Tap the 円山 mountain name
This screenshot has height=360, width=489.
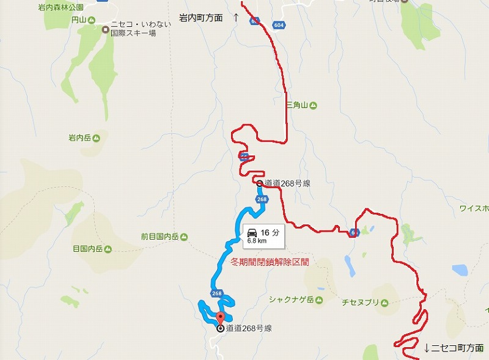(78, 20)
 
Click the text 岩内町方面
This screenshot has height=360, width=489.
(200, 18)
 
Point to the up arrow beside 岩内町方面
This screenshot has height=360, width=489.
(236, 18)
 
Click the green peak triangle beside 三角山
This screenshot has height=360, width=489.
(313, 106)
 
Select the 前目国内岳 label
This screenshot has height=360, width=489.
(159, 237)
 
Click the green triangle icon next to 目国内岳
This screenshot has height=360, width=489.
(108, 249)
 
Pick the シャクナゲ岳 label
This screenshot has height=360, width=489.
(290, 299)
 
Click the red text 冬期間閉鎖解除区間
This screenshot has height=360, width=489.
(270, 262)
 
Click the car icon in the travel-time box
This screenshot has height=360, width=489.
(252, 232)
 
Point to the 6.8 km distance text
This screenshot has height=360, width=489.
(256, 241)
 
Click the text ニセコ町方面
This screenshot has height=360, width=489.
(457, 348)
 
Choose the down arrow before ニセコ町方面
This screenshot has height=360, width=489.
(427, 348)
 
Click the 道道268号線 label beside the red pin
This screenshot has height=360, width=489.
(248, 328)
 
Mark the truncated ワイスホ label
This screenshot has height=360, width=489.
(474, 208)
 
